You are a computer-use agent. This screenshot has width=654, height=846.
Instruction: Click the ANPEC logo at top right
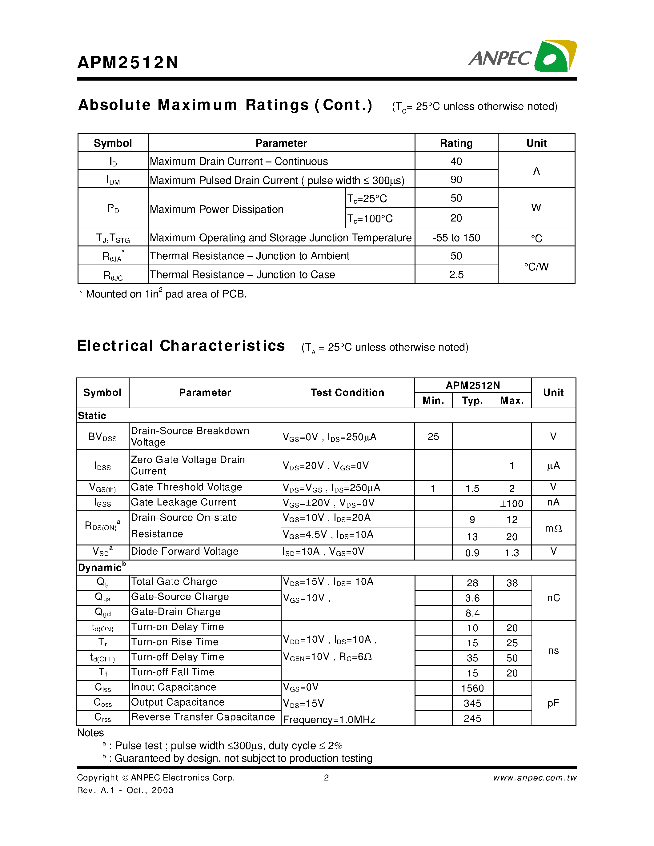[522, 57]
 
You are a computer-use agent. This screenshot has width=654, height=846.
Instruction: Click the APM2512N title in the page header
[128, 62]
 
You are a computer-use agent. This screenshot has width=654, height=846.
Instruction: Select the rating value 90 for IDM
[456, 180]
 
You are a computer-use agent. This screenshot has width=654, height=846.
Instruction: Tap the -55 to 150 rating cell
[456, 237]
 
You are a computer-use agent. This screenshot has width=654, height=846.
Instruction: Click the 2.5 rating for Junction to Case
[456, 275]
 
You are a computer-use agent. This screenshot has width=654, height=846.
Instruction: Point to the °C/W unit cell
[536, 266]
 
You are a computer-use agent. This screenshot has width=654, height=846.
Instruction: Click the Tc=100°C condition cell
[370, 218]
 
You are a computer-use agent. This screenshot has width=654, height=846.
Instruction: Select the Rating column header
[456, 143]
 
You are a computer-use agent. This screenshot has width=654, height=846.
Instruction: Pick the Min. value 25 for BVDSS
[433, 437]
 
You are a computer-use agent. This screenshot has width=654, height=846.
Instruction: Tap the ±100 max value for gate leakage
[512, 504]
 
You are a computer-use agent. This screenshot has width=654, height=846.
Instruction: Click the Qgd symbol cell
[103, 613]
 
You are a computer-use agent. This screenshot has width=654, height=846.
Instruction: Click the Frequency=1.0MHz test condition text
[329, 719]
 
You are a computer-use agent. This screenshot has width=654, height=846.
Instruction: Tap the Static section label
[92, 416]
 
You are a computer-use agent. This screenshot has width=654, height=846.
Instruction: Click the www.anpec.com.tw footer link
[534, 778]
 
